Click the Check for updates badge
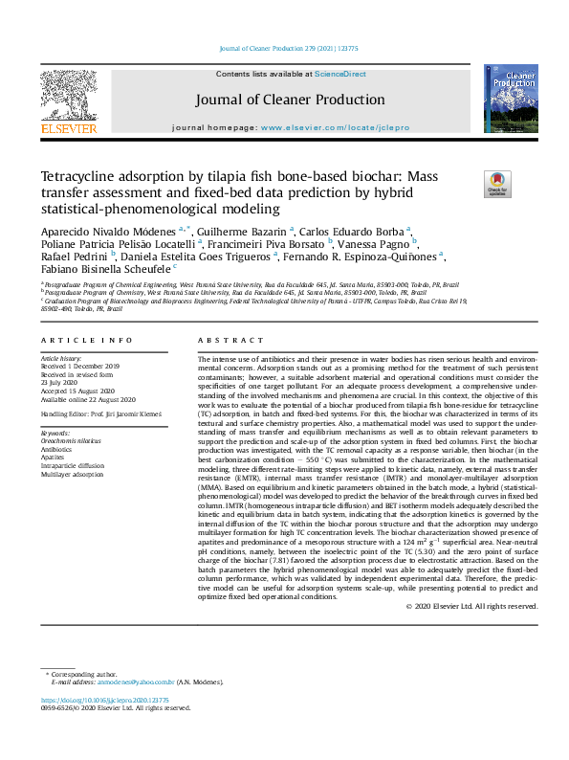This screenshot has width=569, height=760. click(497, 183)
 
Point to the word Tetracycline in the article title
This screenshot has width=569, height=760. click(79, 177)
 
